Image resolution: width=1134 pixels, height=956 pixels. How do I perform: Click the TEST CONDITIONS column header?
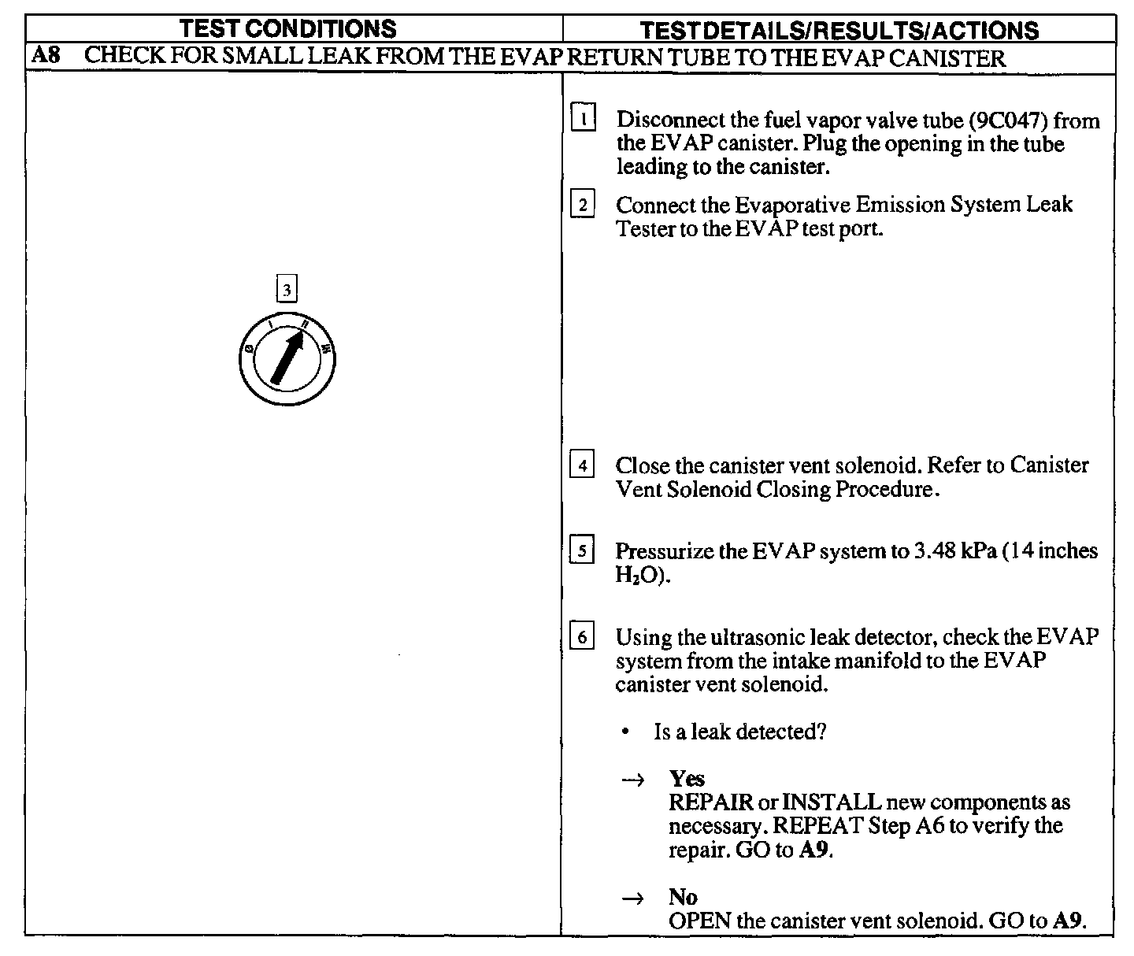tap(287, 29)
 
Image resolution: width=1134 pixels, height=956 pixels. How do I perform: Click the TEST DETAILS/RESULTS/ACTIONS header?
tap(838, 31)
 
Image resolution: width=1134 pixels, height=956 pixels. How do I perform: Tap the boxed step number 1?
tap(583, 119)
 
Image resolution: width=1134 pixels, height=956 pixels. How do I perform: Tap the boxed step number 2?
tap(582, 205)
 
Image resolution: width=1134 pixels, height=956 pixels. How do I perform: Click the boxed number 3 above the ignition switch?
tap(287, 289)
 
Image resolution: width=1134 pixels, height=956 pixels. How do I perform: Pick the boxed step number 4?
tap(582, 465)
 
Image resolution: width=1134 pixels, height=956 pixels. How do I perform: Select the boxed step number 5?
tap(582, 550)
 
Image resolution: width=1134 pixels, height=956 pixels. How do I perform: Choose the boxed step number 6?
tap(582, 636)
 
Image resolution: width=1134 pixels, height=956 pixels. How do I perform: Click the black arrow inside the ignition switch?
tap(287, 357)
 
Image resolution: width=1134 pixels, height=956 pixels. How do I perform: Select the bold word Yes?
tap(687, 779)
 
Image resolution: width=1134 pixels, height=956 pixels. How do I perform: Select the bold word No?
tap(683, 897)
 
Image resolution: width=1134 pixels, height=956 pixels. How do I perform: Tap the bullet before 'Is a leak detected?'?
tap(624, 733)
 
